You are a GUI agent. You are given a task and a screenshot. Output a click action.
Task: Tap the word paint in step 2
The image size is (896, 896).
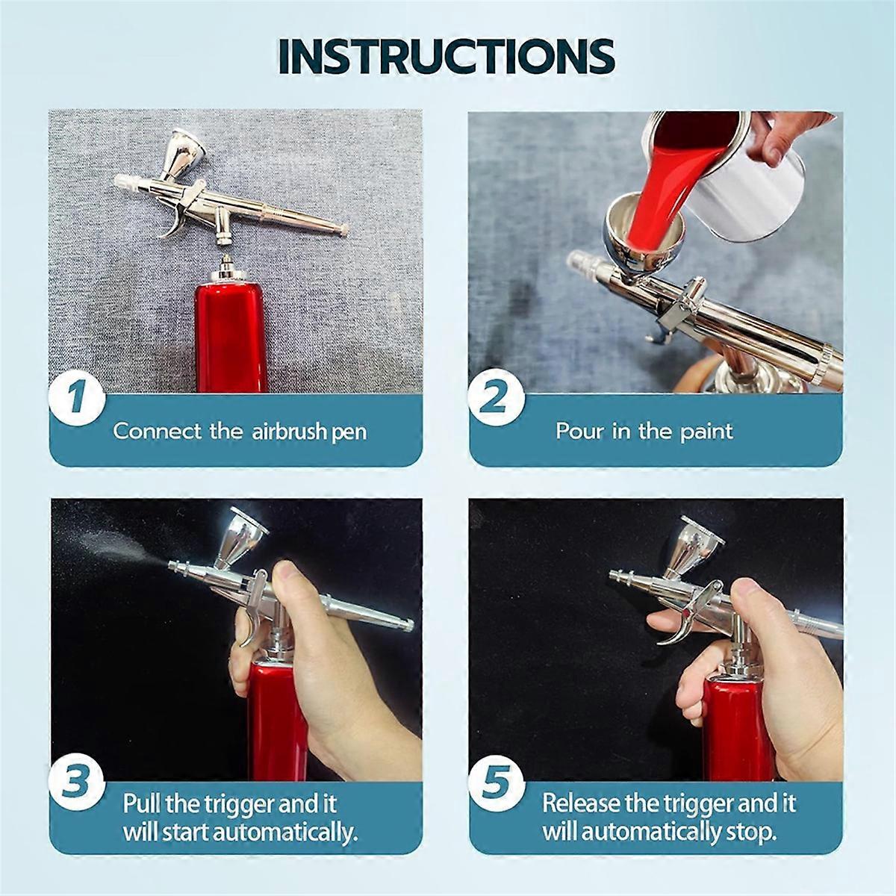pos(706,432)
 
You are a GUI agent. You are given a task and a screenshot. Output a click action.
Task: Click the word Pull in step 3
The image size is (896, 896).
pos(142,803)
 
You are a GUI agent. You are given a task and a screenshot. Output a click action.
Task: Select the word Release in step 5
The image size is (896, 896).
pos(581,803)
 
